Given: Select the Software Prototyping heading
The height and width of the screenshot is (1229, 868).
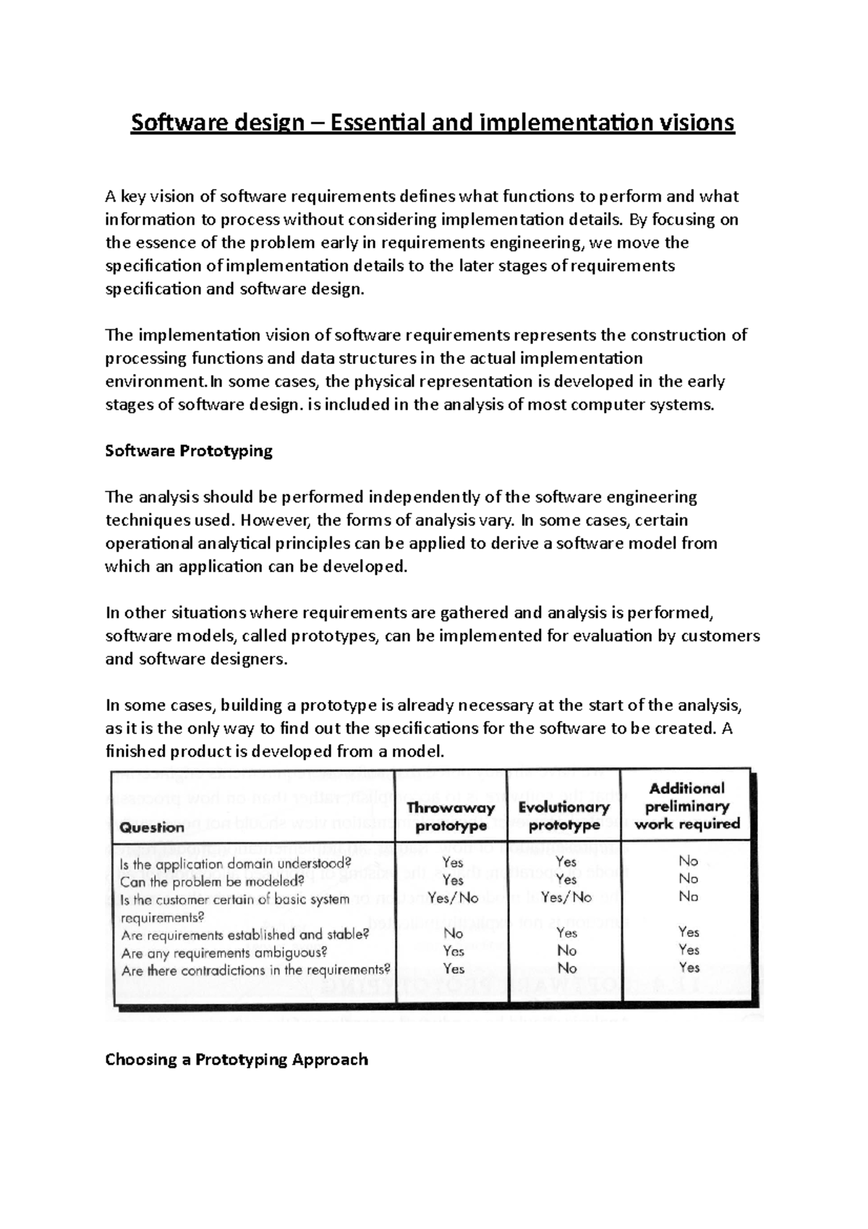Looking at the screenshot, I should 189,451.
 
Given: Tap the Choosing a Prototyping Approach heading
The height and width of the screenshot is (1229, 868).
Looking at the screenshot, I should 237,1060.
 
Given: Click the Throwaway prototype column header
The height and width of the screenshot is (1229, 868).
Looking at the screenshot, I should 451,816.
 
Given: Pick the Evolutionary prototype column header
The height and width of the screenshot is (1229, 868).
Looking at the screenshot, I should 564,816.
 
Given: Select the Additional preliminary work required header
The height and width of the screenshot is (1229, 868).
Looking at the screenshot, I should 686,806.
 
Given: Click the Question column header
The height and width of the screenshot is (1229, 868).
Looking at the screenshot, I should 152,827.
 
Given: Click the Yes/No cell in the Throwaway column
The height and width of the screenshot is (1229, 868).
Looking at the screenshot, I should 453,898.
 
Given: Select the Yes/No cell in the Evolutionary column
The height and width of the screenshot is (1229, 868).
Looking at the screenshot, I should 566,898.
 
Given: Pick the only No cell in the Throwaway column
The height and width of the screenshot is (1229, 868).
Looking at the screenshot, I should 453,933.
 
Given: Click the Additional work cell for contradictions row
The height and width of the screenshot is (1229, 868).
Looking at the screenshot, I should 689,967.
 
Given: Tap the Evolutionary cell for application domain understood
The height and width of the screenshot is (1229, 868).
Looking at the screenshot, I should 566,861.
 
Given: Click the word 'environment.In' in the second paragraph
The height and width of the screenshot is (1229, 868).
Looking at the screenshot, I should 160,381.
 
